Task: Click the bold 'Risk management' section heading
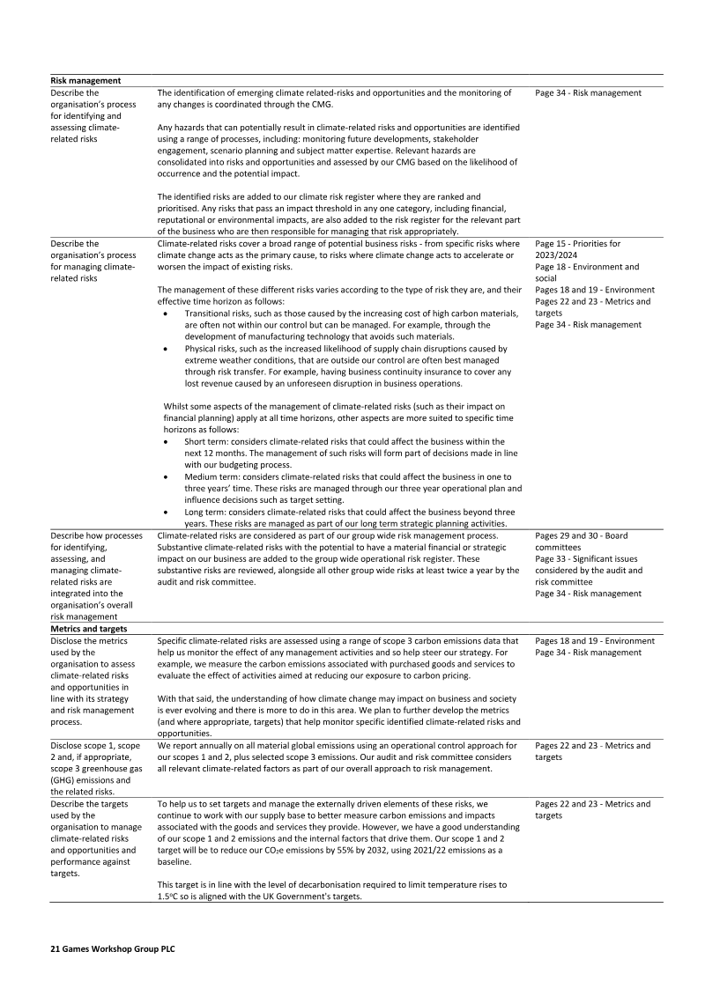tap(85, 81)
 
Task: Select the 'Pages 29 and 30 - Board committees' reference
tap(581, 540)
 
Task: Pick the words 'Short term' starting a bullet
tap(208, 441)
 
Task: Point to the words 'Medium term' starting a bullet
tap(214, 476)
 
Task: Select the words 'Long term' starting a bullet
tap(207, 510)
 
